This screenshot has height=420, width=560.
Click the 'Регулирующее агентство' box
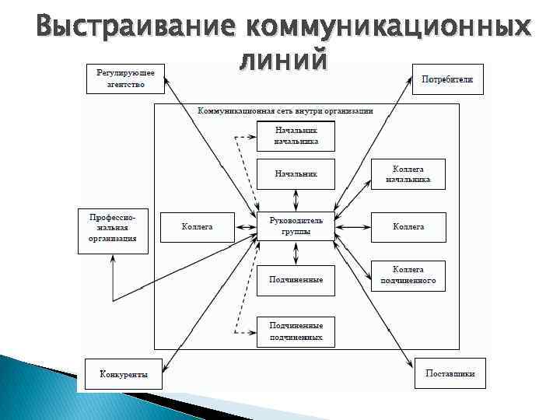(125, 79)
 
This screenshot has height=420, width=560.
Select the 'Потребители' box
(446, 79)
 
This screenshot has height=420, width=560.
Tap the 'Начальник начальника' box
(296, 136)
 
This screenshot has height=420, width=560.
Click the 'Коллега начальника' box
(408, 174)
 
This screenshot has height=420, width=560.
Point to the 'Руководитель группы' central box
(296, 226)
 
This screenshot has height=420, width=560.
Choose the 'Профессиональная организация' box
(113, 230)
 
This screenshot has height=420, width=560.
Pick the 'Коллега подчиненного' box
(408, 275)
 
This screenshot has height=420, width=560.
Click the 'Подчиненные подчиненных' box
(296, 331)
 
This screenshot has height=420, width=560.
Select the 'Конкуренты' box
(124, 373)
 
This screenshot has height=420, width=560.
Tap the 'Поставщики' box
(450, 373)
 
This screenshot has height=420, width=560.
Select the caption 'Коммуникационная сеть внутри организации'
(285, 111)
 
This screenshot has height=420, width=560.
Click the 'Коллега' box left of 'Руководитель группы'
(198, 226)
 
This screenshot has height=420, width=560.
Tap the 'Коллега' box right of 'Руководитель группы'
(408, 226)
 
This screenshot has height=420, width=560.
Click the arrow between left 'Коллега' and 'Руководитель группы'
(246, 226)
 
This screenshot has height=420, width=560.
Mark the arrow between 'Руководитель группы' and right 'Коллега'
(352, 226)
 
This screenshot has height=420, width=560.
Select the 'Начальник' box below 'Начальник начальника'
(296, 174)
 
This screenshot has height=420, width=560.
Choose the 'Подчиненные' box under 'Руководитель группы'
(296, 279)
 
